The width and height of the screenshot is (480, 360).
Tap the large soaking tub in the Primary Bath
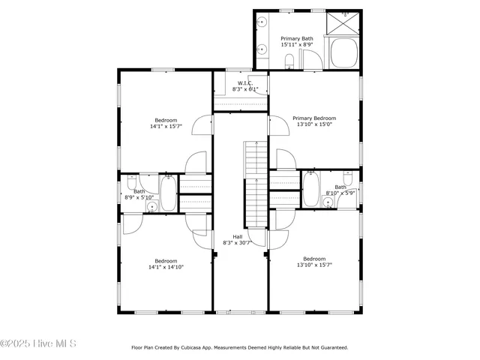tap(344, 53)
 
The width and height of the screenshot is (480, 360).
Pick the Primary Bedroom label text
tap(314, 118)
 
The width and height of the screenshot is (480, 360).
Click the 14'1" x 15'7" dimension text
tap(166, 127)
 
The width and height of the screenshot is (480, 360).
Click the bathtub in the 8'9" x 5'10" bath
tap(169, 193)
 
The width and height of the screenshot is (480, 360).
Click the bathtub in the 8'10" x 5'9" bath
tap(310, 189)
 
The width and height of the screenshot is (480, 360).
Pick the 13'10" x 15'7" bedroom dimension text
tap(314, 265)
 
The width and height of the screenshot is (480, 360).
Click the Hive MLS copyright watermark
tap(38, 344)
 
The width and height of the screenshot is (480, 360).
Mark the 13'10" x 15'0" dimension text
tap(314, 124)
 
